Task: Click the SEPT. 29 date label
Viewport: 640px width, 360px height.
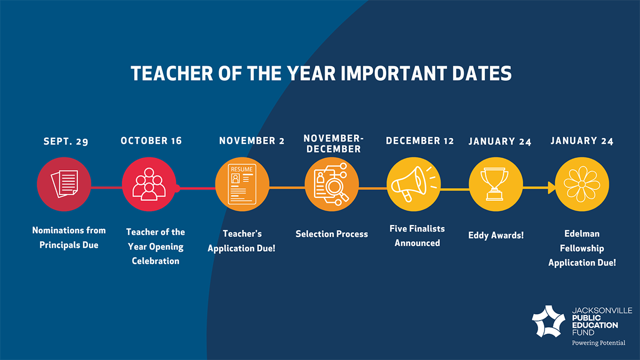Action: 66,141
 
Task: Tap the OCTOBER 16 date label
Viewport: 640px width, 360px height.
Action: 151,141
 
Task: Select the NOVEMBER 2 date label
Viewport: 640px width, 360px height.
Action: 252,141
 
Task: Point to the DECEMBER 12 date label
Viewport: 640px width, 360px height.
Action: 420,141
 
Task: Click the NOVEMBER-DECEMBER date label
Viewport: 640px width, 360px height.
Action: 333,143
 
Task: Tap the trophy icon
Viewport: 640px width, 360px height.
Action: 494,183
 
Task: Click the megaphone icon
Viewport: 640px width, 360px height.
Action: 414,184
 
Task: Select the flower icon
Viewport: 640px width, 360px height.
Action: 582,185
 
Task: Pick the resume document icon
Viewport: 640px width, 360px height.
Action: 242,185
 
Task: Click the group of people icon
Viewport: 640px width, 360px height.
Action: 149,184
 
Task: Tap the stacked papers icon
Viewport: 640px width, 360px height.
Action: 65,183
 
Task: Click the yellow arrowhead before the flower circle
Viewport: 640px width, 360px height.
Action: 551,188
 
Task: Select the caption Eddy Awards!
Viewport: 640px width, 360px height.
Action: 495,235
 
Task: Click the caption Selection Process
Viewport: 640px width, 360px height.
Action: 332,234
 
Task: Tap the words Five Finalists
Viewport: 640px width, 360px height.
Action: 417,229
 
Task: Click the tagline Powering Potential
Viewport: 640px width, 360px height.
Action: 598,343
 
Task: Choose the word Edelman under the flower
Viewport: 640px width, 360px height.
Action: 582,234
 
